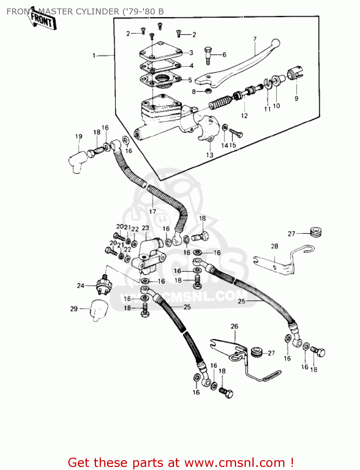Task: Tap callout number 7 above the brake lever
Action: tap(255, 39)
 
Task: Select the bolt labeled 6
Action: tap(208, 55)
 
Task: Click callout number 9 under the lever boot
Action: tap(296, 98)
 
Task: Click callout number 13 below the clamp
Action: tap(209, 155)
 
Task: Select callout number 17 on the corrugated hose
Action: tap(152, 211)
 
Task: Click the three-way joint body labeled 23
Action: tap(147, 255)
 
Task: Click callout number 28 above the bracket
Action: tap(274, 246)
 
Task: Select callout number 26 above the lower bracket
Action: tap(234, 326)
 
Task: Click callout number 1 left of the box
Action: tap(94, 55)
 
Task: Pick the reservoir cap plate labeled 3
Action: tap(161, 52)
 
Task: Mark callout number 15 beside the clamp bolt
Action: tap(232, 145)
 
